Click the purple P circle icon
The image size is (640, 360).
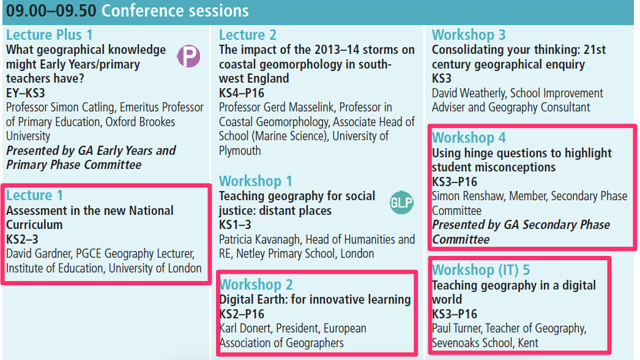[188, 56]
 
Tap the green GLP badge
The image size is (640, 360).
[401, 202]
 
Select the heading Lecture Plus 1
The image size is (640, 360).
[50, 35]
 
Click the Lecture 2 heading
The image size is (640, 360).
[248, 35]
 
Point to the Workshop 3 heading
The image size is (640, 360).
[469, 35]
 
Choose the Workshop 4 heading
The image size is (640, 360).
[469, 138]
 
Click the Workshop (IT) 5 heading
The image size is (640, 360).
[481, 269]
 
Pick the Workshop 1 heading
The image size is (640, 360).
[256, 181]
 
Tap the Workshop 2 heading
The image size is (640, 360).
[256, 285]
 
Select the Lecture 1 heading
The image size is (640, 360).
[34, 195]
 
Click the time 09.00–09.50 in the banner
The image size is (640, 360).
[51, 11]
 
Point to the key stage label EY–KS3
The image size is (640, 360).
[25, 93]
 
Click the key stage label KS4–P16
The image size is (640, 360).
[242, 93]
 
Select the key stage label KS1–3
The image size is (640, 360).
[235, 225]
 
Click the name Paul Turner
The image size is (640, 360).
[457, 328]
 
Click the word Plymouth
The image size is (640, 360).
[240, 151]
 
